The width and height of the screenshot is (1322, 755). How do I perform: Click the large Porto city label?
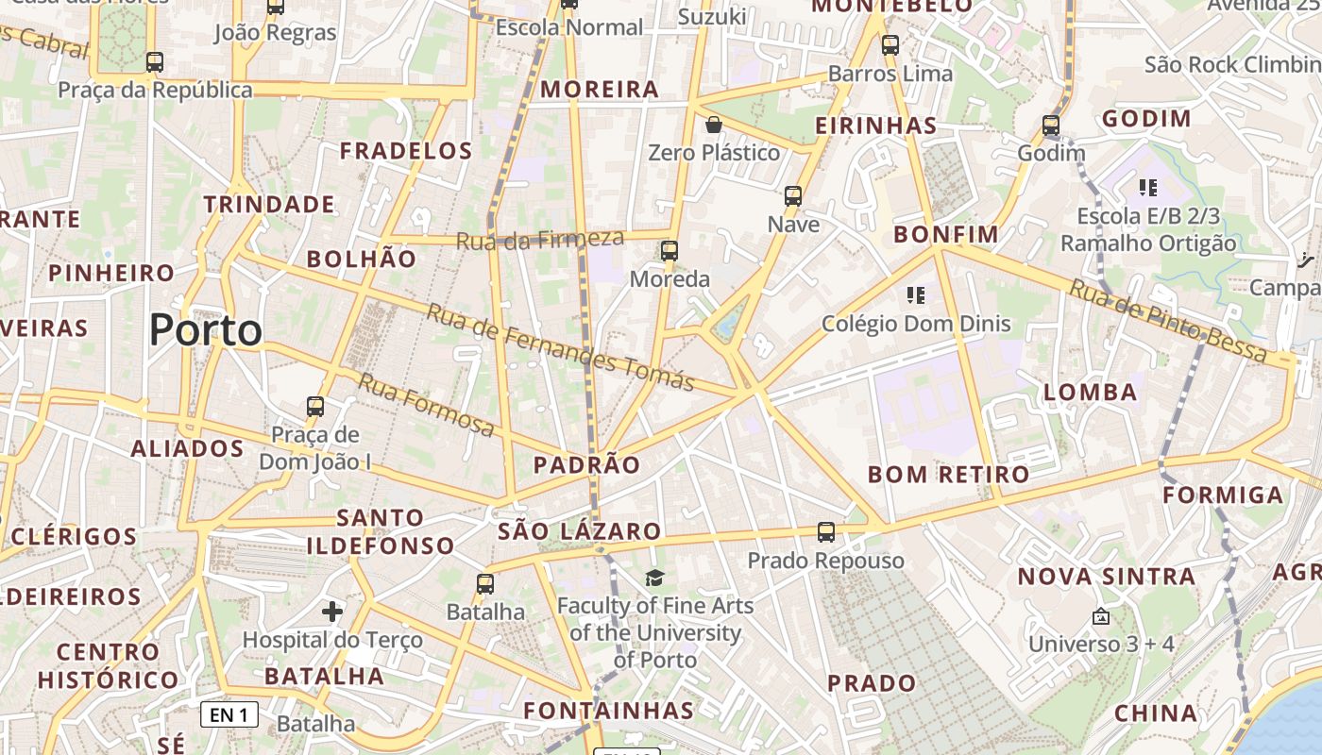click(x=206, y=330)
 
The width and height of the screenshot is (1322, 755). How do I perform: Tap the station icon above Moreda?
click(x=669, y=251)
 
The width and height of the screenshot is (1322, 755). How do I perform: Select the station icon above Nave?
click(x=793, y=196)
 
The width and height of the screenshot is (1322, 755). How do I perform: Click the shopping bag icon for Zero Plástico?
click(x=714, y=125)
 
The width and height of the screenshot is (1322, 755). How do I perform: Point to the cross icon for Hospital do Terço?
click(x=332, y=612)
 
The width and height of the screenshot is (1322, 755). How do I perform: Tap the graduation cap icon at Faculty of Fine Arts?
click(x=654, y=578)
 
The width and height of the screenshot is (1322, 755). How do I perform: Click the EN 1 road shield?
click(x=229, y=714)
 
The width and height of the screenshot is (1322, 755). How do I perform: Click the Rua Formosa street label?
click(x=425, y=405)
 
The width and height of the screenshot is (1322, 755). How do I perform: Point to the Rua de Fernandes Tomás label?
click(x=560, y=346)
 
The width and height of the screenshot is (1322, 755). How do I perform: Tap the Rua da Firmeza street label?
click(x=540, y=240)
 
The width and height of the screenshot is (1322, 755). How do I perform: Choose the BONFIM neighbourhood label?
click(x=945, y=234)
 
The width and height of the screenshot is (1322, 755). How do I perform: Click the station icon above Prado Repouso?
click(x=826, y=532)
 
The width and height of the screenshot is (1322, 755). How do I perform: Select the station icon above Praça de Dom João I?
click(x=315, y=408)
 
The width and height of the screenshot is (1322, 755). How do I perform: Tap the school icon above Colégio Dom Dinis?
click(x=915, y=295)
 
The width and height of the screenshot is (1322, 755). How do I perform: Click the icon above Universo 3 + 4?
click(x=1100, y=616)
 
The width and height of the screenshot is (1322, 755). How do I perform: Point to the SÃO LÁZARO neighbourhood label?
click(x=579, y=531)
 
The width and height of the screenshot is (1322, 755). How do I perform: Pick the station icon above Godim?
click(x=1051, y=126)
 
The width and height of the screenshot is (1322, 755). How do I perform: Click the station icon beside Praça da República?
click(x=155, y=62)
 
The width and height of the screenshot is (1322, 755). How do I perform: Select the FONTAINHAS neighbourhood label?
click(x=609, y=710)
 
